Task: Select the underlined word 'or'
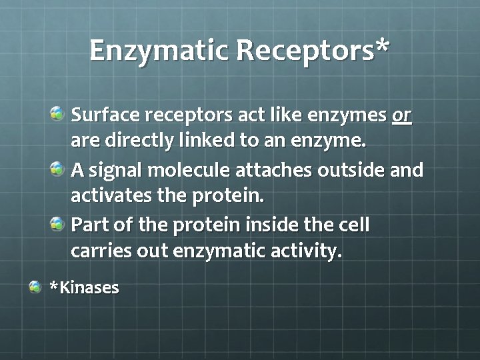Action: coord(401,116)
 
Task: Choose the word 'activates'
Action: coord(107,197)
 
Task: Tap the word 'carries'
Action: coord(97,252)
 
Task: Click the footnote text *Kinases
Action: coord(85,288)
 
